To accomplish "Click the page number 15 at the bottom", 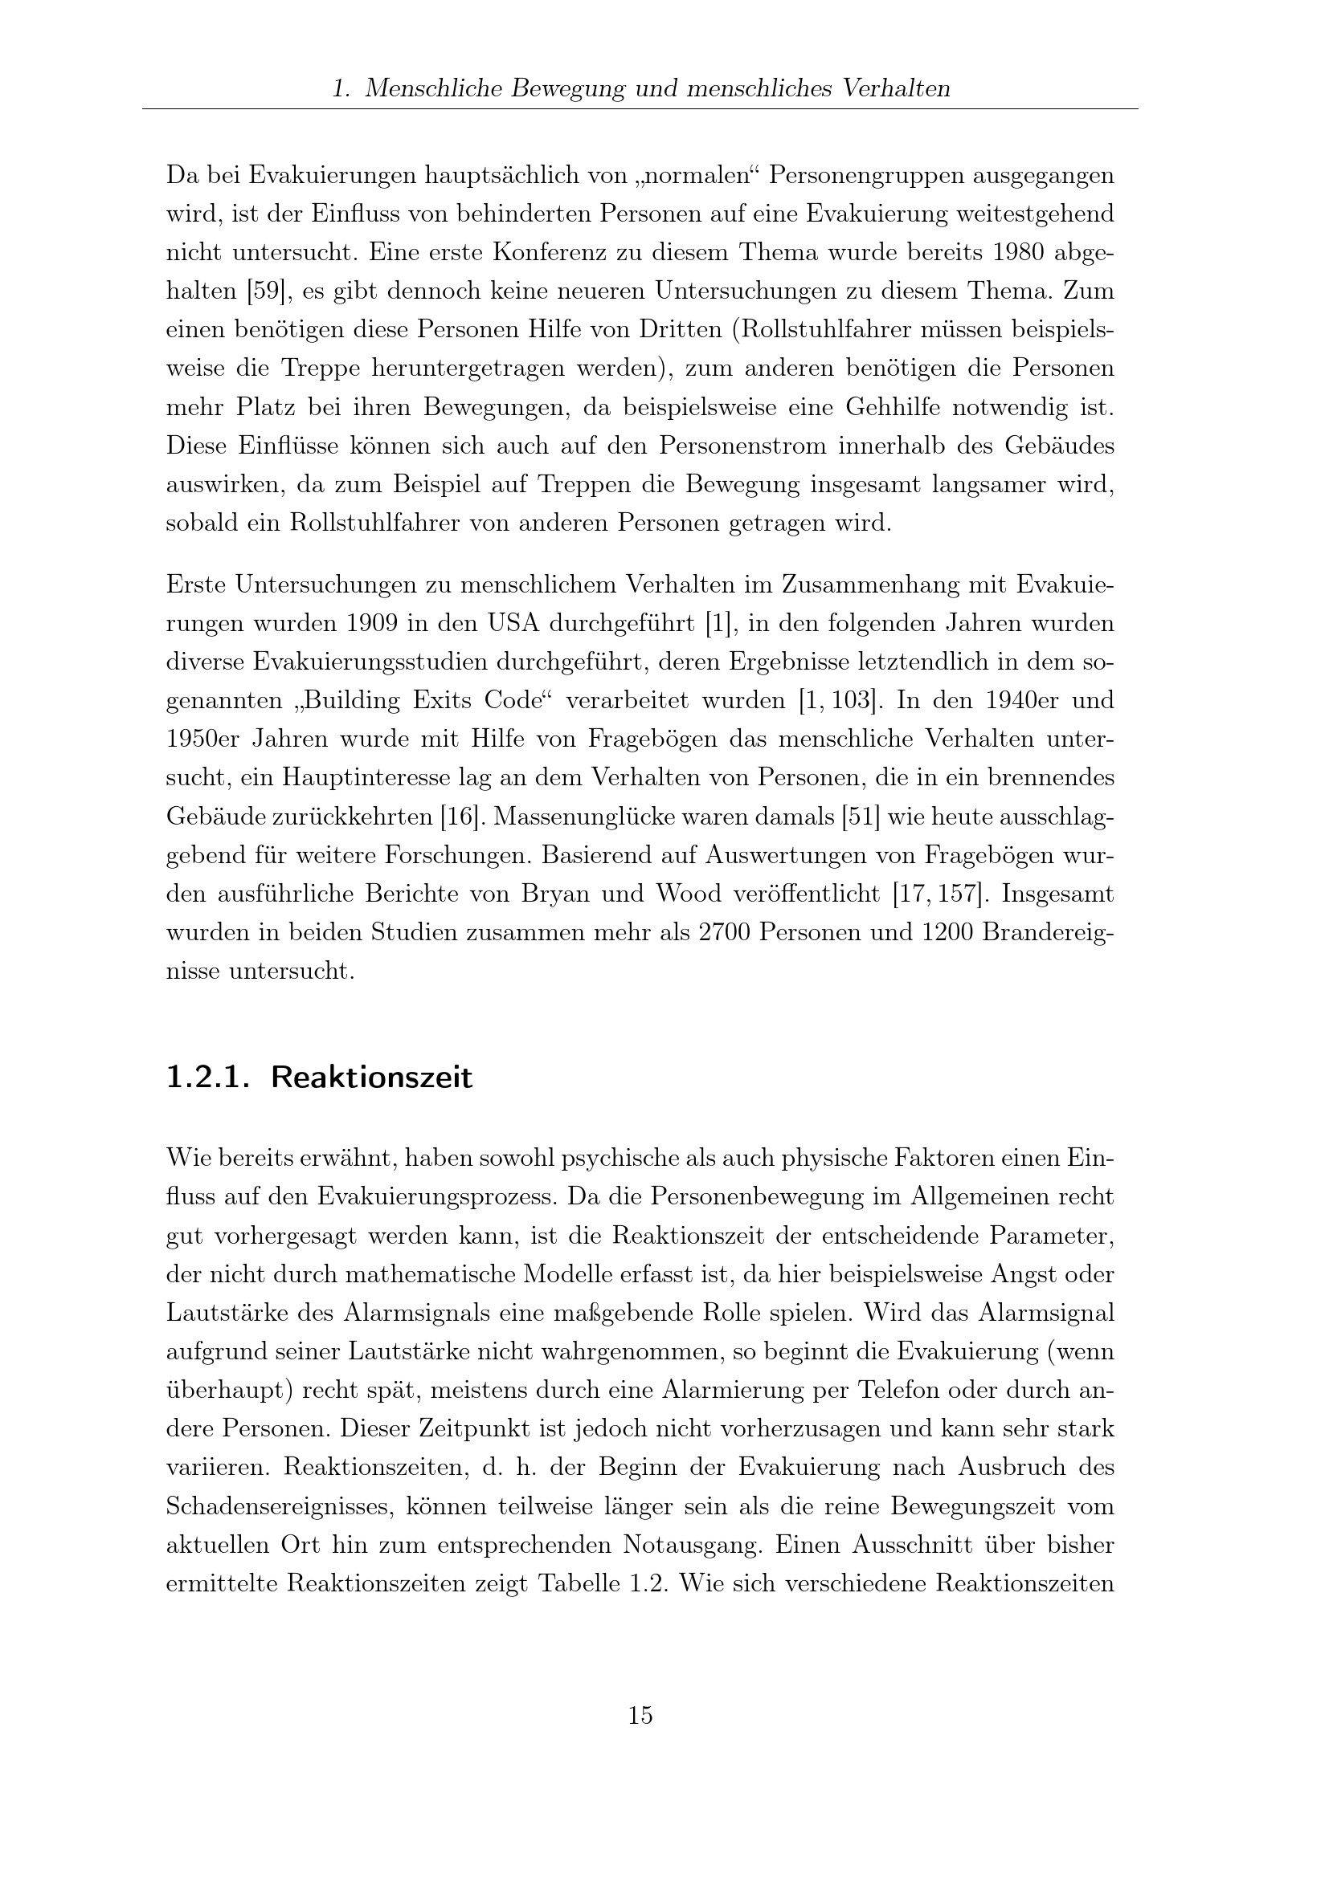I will click(x=640, y=1715).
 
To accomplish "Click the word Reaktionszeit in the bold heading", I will click(x=371, y=1078).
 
